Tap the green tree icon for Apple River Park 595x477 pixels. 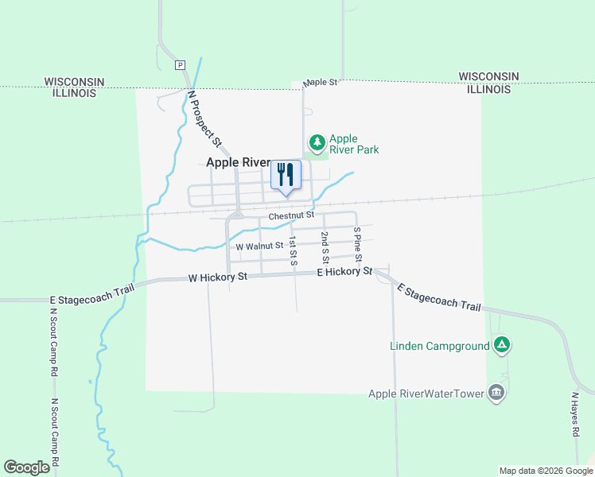pos(317,143)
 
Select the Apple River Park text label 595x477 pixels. pos(354,144)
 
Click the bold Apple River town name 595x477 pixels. pos(238,161)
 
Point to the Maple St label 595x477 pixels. pos(321,82)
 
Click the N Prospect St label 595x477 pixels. pos(204,118)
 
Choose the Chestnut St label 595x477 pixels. pos(291,215)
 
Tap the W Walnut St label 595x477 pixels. pos(259,246)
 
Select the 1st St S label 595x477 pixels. pos(294,251)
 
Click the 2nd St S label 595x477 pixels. pos(325,248)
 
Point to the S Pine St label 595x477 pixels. pos(357,245)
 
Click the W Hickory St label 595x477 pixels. pos(218,277)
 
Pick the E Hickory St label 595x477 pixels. pos(344,272)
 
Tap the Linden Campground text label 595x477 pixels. pos(439,346)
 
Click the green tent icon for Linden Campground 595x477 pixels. pos(501,345)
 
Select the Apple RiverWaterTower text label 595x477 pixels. pos(426,394)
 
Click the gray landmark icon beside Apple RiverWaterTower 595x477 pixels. pos(496,393)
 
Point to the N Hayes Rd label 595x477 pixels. pos(574,414)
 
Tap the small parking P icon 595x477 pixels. pos(180,65)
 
